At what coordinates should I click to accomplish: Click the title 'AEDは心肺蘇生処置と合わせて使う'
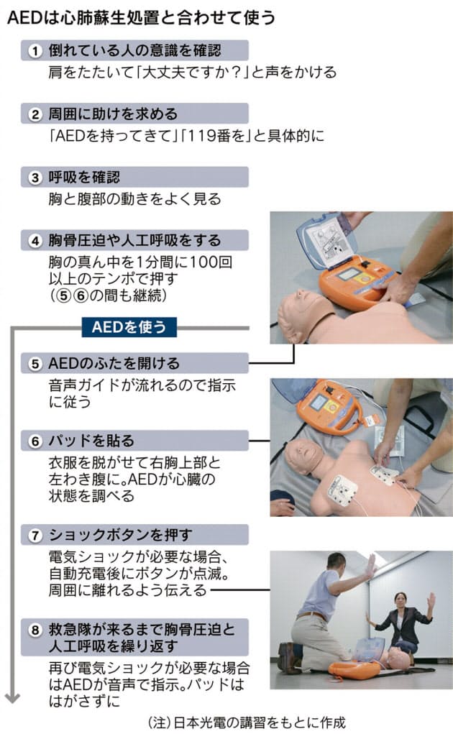141,18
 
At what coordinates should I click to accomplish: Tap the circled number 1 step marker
35,50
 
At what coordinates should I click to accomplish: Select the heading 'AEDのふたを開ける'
114,363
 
